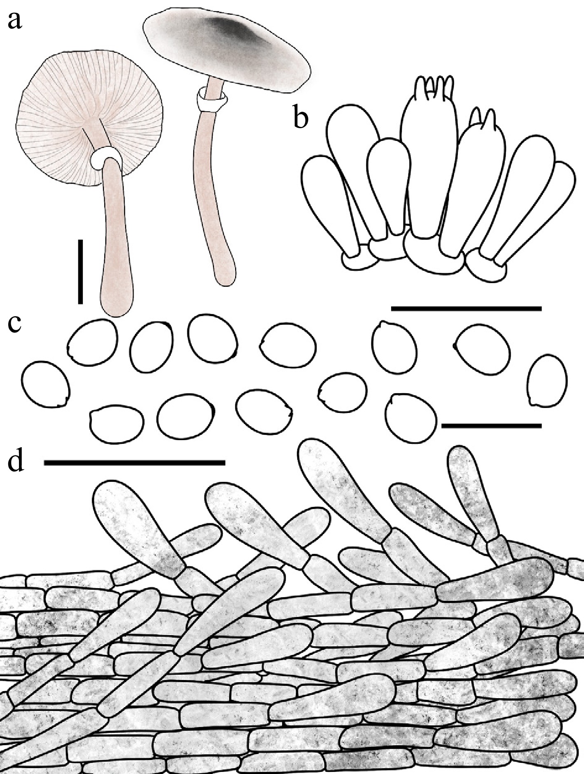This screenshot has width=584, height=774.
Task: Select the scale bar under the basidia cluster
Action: coord(466,308)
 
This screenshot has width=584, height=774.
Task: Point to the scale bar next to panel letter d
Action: coord(134,463)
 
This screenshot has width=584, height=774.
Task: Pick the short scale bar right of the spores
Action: coord(491,425)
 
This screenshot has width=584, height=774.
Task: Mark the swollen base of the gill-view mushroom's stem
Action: coord(117,294)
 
